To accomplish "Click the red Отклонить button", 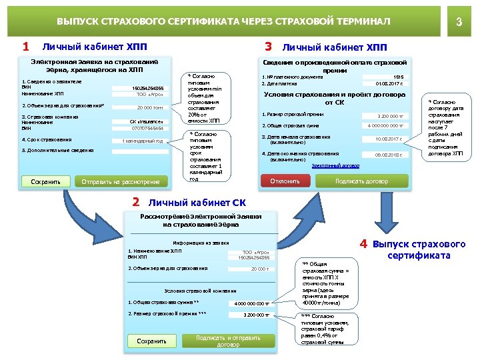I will pyautogui.click(x=285, y=181).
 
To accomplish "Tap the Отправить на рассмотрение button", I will pyautogui.click(x=121, y=181).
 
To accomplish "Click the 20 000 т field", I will pyautogui.click(x=259, y=269).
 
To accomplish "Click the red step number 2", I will pyautogui.click(x=136, y=201).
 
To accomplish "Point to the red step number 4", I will pyautogui.click(x=364, y=244).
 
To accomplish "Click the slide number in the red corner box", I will pyautogui.click(x=459, y=22).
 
